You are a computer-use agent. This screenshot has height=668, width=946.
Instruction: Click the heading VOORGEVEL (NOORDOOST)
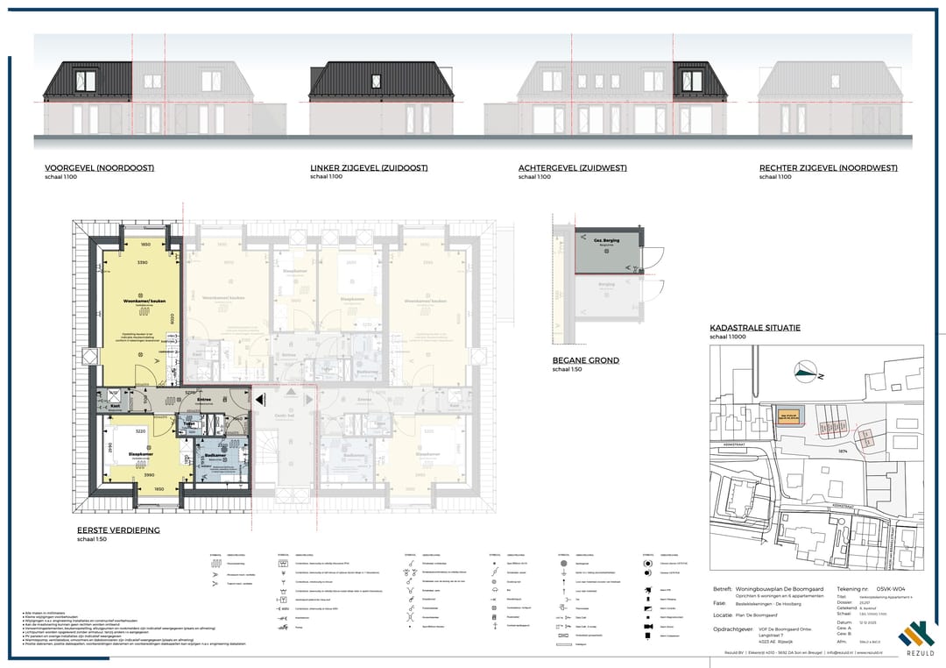click(99, 168)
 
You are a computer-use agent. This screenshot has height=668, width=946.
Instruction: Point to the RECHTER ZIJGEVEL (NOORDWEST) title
click(828, 168)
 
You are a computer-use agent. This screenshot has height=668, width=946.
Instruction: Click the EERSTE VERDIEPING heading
click(116, 530)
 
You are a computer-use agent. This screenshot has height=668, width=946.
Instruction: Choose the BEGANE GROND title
click(585, 360)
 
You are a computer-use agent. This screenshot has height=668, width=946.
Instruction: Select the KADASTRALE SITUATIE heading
click(754, 329)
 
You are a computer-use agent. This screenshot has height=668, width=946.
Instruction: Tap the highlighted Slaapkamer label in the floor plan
click(142, 453)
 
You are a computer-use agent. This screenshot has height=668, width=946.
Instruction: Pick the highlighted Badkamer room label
click(215, 457)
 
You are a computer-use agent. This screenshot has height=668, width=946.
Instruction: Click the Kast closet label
click(116, 406)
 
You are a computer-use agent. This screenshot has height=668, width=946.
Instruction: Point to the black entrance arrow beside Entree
click(261, 400)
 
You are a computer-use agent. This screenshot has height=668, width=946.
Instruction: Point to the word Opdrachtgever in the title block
click(732, 629)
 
